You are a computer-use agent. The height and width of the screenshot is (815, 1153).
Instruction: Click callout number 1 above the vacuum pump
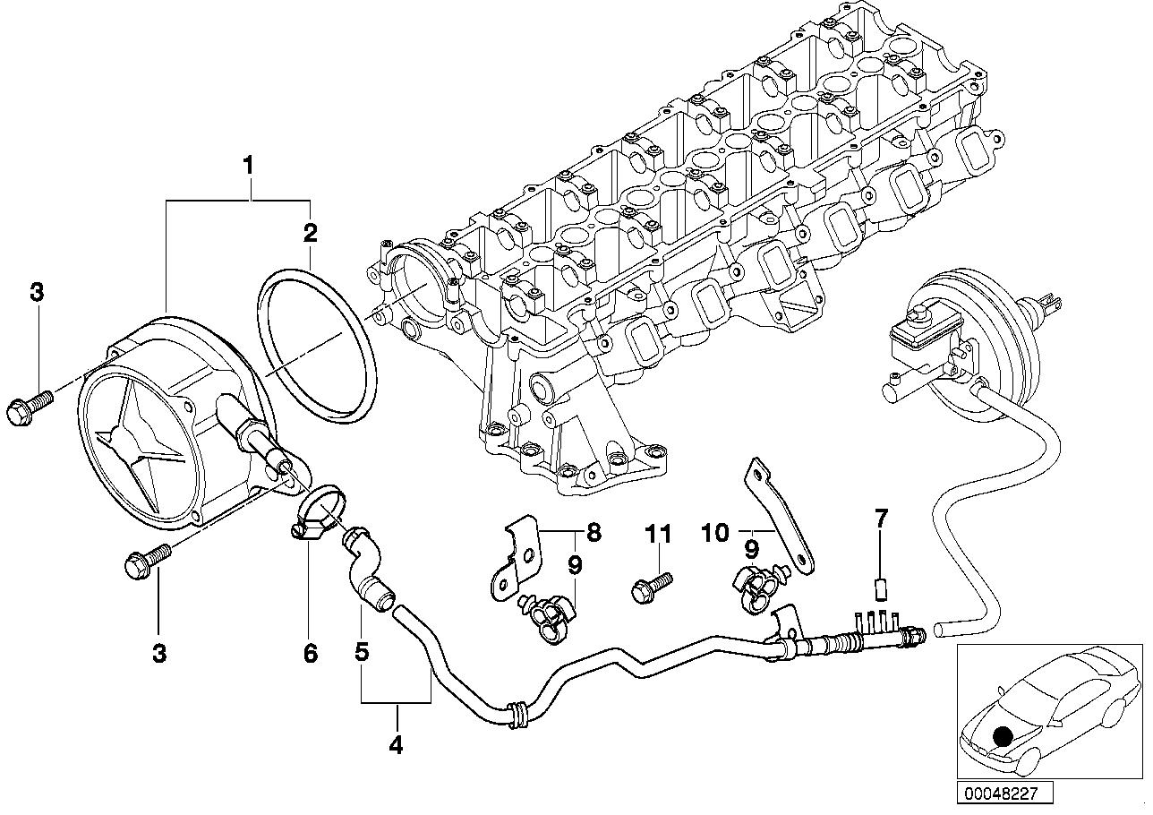[249, 165]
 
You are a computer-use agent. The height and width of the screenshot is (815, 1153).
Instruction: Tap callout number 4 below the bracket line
[396, 742]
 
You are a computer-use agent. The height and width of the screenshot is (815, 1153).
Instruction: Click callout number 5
[362, 653]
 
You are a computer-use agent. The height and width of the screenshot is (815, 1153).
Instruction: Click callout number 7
[881, 517]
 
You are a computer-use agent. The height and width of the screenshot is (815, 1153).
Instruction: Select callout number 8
[594, 534]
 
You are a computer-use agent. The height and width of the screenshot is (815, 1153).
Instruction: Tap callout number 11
[658, 535]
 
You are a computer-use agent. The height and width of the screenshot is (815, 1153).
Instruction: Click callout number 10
[716, 534]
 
